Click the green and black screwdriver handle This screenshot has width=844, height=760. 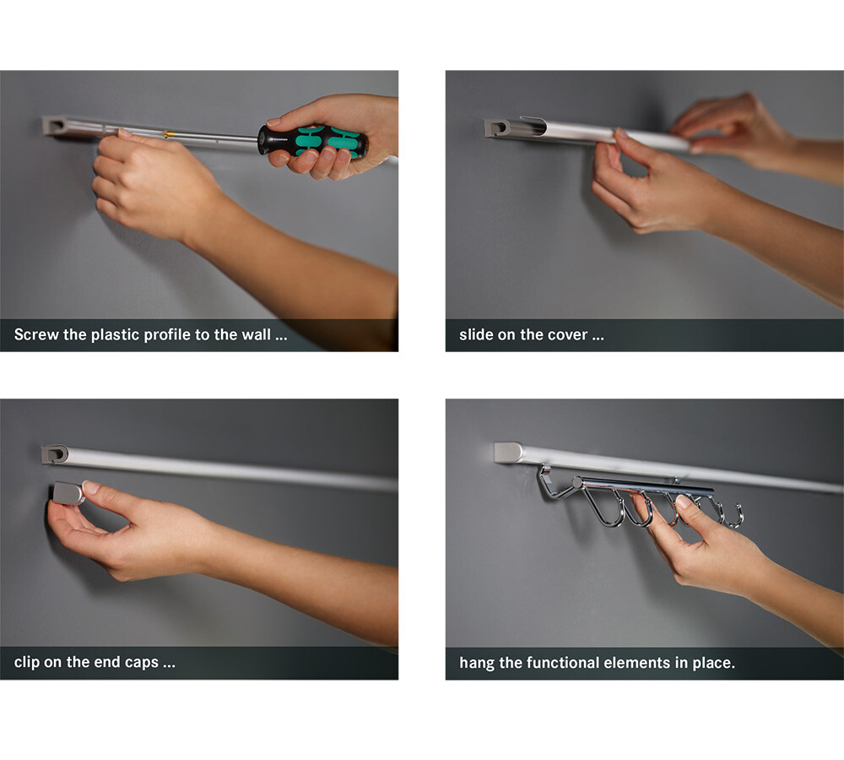[313, 142]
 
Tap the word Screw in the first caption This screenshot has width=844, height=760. [36, 334]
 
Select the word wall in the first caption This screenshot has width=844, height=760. [257, 334]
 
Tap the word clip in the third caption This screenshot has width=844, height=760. [27, 662]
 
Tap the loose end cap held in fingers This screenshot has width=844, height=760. [68, 493]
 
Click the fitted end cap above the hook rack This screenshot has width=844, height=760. [509, 453]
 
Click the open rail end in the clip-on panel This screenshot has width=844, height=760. [54, 454]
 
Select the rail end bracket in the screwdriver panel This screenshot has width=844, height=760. [56, 127]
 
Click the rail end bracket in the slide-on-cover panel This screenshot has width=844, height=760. [497, 128]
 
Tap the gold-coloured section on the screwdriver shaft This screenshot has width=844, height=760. [168, 134]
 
